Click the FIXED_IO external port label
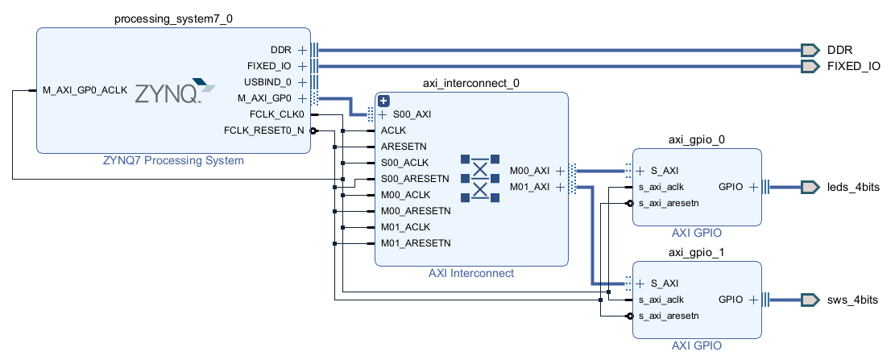pos(853,66)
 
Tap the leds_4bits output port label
pos(853,187)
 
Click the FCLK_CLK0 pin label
pos(277,114)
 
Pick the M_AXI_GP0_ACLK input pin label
pos(85,90)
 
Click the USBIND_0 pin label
pos(269,82)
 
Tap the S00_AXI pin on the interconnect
pos(412,114)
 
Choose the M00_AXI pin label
pos(529,171)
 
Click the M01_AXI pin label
pos(529,187)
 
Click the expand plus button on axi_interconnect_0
pos(384,101)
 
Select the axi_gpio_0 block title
pos(697,139)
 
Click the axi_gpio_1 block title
pos(697,252)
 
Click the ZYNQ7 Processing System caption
pos(173,160)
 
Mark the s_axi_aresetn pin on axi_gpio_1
pos(668,316)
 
